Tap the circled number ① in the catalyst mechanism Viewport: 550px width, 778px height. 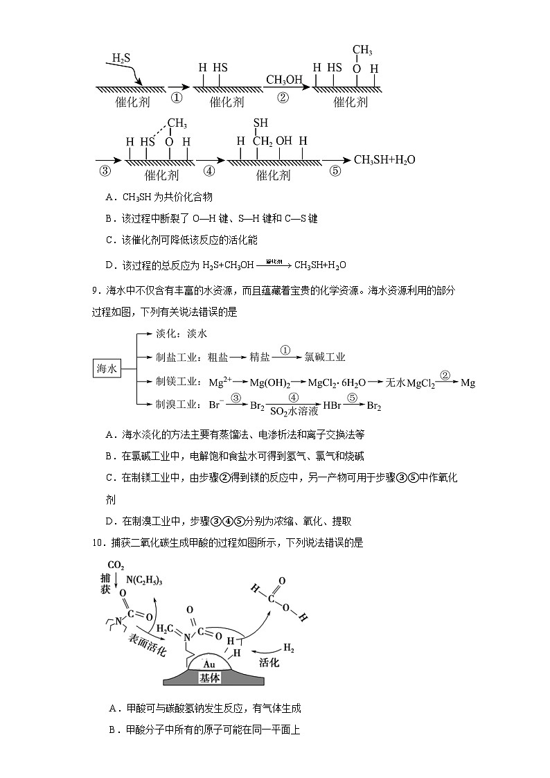click(x=176, y=98)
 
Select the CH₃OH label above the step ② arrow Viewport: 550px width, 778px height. click(x=283, y=80)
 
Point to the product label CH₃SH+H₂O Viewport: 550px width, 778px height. click(x=384, y=160)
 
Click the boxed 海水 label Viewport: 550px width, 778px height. click(x=107, y=369)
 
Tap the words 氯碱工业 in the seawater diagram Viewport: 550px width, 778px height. click(x=325, y=357)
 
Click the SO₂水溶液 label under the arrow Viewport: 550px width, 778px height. click(x=294, y=411)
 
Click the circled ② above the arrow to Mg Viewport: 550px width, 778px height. click(x=446, y=375)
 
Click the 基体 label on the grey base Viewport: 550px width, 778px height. click(x=209, y=678)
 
